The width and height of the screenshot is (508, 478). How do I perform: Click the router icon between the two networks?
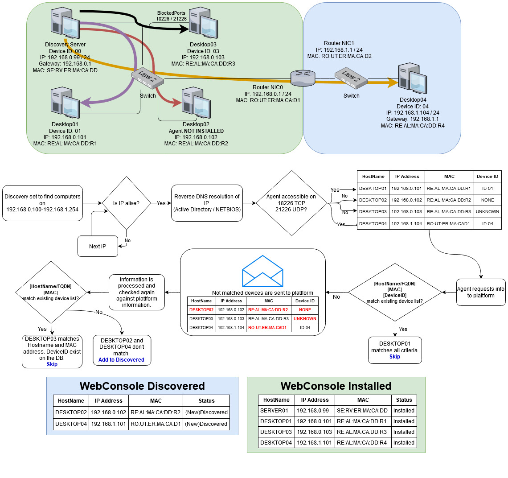click(303, 78)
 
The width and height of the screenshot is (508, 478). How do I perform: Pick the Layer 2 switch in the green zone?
click(147, 79)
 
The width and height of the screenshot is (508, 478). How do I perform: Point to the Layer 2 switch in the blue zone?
click(351, 79)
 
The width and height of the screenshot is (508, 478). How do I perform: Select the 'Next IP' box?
click(98, 246)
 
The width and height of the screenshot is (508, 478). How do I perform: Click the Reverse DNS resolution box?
click(207, 203)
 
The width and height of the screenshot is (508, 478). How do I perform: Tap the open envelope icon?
click(262, 272)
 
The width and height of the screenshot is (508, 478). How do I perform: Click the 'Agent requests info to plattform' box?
click(481, 292)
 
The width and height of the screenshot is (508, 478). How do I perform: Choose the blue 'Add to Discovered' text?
click(121, 360)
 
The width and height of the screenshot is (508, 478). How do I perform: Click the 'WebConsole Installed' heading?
click(336, 386)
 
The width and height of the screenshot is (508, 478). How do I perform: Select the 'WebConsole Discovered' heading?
click(142, 386)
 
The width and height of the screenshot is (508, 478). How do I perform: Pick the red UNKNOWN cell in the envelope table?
click(305, 319)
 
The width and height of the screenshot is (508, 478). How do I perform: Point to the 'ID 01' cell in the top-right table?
click(488, 189)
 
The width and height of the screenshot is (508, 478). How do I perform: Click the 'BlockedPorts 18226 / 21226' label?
click(171, 16)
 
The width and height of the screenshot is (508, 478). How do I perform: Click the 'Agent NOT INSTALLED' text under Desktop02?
click(196, 131)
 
